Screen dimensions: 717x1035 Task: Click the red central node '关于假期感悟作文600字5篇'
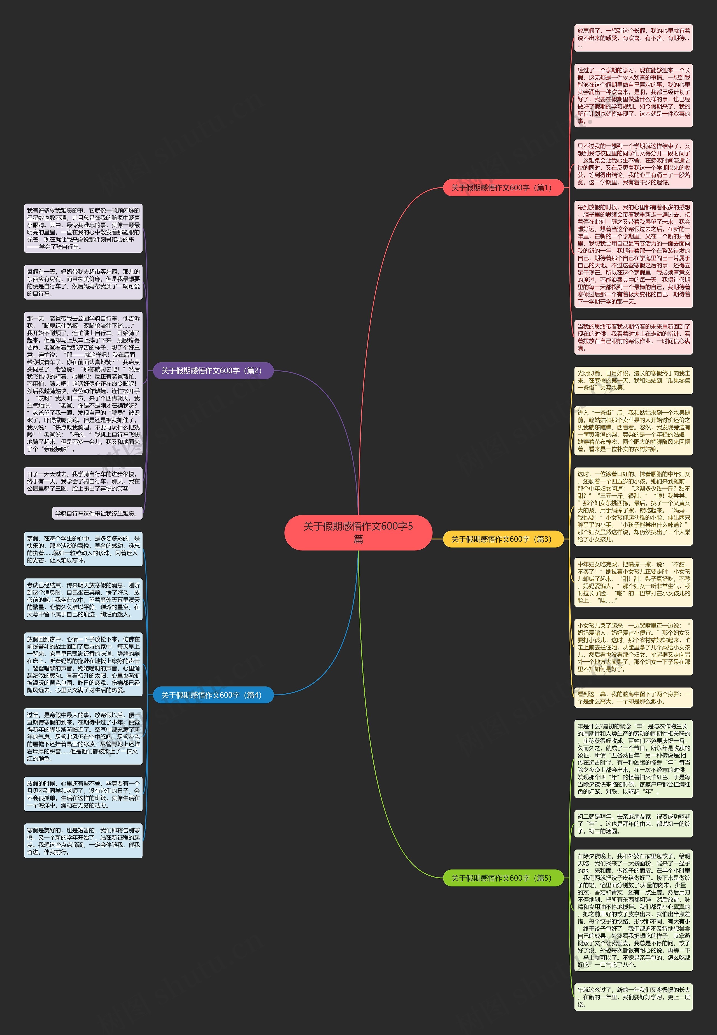click(x=358, y=532)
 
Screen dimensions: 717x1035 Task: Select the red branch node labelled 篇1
click(x=503, y=187)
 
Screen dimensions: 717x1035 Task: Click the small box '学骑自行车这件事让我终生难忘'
click(x=97, y=513)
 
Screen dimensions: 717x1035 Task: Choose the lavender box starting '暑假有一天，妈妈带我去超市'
click(x=83, y=282)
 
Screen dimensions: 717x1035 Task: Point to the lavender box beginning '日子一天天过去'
click(x=83, y=481)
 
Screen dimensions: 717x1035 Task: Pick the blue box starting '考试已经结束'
click(x=83, y=599)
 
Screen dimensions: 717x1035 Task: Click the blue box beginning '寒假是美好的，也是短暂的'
click(x=83, y=841)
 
